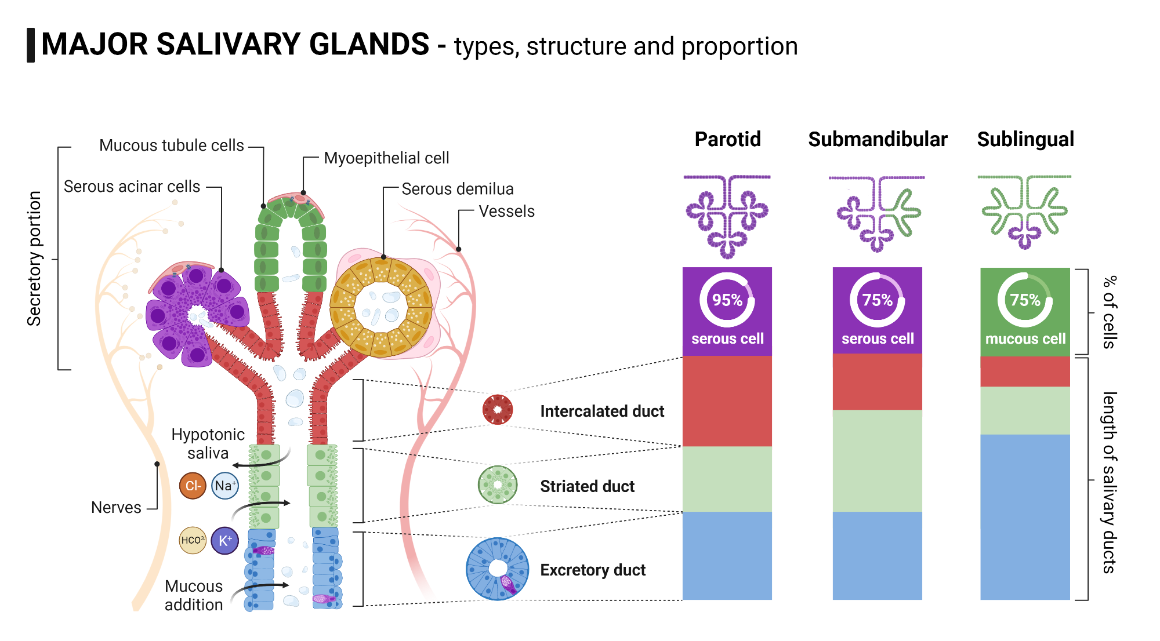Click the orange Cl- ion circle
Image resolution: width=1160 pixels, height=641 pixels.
(x=193, y=486)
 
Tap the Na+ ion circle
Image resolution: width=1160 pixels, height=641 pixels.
(x=225, y=486)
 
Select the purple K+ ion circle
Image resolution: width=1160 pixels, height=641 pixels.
(x=225, y=541)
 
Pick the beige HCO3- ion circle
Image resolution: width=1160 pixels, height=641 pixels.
(x=193, y=541)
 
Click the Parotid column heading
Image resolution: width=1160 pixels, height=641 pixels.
(x=727, y=139)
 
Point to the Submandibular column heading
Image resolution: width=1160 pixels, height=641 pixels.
(x=877, y=139)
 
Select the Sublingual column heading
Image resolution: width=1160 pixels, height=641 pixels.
(x=1025, y=139)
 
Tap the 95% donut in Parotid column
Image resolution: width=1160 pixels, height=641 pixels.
(x=727, y=300)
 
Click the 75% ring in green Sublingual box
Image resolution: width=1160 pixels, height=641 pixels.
(x=1025, y=300)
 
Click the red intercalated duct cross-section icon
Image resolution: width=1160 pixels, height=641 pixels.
(x=497, y=410)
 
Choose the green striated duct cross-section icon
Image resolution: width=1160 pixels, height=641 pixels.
(x=497, y=485)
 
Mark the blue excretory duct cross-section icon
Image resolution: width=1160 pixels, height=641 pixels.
(x=497, y=569)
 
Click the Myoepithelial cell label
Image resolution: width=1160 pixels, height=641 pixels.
(x=386, y=158)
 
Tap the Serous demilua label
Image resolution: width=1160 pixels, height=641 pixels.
(x=457, y=189)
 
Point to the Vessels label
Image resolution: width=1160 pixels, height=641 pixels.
(x=506, y=212)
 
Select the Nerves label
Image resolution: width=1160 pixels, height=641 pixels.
(x=116, y=508)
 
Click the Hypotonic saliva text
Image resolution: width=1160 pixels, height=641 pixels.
(x=208, y=443)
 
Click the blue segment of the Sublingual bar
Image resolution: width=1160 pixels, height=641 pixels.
(x=1025, y=516)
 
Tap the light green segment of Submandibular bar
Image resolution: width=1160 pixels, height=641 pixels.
(x=877, y=461)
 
